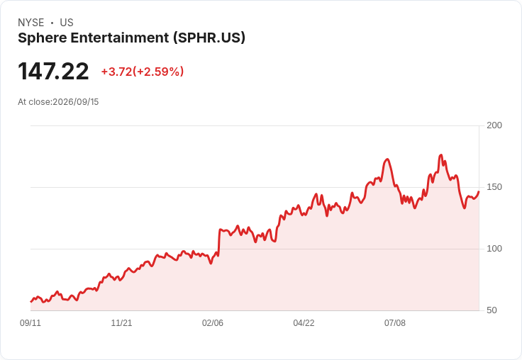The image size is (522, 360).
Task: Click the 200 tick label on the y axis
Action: pyautogui.click(x=494, y=125)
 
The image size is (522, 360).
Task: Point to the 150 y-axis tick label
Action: pyautogui.click(x=494, y=187)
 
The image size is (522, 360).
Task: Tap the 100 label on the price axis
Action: pyautogui.click(x=494, y=249)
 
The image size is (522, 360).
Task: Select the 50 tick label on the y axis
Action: pyautogui.click(x=492, y=310)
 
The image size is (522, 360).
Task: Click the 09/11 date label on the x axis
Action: pyautogui.click(x=30, y=322)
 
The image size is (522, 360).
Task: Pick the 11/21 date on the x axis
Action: pyautogui.click(x=121, y=322)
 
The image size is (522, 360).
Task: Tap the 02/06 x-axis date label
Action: pyautogui.click(x=213, y=322)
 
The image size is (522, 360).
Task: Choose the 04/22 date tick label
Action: pyautogui.click(x=304, y=322)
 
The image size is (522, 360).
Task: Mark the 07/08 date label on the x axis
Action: pyautogui.click(x=395, y=322)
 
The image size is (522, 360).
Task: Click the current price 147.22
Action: pyautogui.click(x=53, y=71)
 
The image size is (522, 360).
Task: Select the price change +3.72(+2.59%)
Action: pyautogui.click(x=143, y=72)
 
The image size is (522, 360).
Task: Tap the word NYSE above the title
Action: pyautogui.click(x=31, y=23)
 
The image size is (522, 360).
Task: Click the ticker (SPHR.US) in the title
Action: pyautogui.click(x=209, y=38)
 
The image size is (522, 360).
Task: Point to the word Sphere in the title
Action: pyautogui.click(x=43, y=38)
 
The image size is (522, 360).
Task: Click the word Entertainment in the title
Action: pyautogui.click(x=120, y=38)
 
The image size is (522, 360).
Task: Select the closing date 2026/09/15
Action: pyautogui.click(x=76, y=102)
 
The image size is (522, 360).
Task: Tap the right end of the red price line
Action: pyautogui.click(x=479, y=191)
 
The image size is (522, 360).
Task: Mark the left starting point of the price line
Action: pyautogui.click(x=31, y=301)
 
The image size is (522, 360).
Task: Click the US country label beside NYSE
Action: pyautogui.click(x=67, y=23)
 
